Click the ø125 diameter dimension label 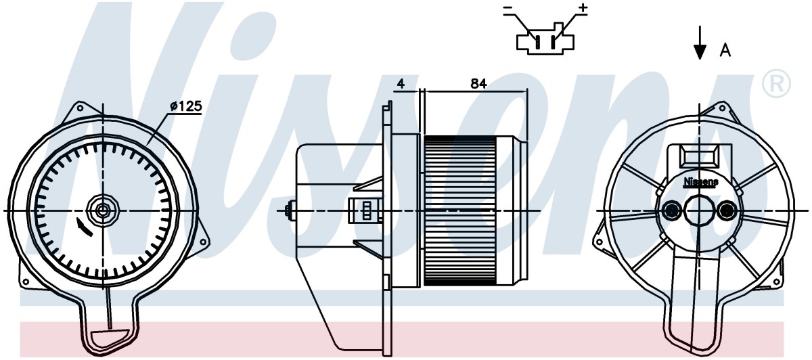point(185,106)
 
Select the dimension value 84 point(478,84)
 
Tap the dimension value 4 point(401,84)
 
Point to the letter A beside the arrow point(725,50)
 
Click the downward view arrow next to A point(700,43)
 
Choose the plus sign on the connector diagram point(583,8)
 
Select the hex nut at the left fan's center point(103,210)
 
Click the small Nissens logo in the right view point(701,182)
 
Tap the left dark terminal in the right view point(671,210)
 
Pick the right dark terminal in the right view point(727,210)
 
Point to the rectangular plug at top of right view point(700,156)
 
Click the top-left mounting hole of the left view point(80,108)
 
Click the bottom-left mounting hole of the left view point(26,282)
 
